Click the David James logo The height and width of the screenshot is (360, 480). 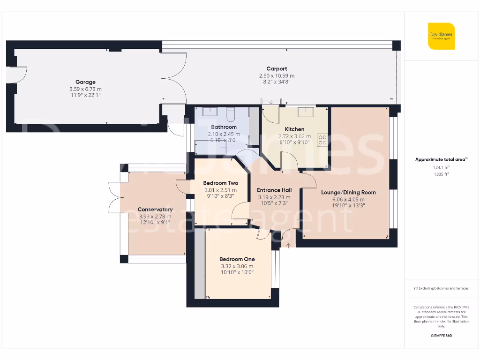coord(441,36)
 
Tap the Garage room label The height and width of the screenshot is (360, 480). coord(85,82)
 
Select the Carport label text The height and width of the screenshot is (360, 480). coord(277,69)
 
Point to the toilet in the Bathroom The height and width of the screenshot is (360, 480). coord(231,113)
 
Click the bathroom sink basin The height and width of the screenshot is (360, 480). coord(210,111)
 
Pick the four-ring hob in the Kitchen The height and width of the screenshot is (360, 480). coord(322,139)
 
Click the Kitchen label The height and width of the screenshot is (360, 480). coord(294,129)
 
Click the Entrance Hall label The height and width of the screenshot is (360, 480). coord(274,190)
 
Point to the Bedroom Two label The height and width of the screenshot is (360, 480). coord(220,183)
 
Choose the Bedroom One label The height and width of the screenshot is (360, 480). coord(237,259)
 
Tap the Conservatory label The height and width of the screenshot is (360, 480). coord(155,210)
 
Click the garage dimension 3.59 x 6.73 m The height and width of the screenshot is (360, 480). coord(85,89)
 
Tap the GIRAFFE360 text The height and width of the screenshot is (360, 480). coord(441,336)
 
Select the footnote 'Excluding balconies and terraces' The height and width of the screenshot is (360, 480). coord(441,288)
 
